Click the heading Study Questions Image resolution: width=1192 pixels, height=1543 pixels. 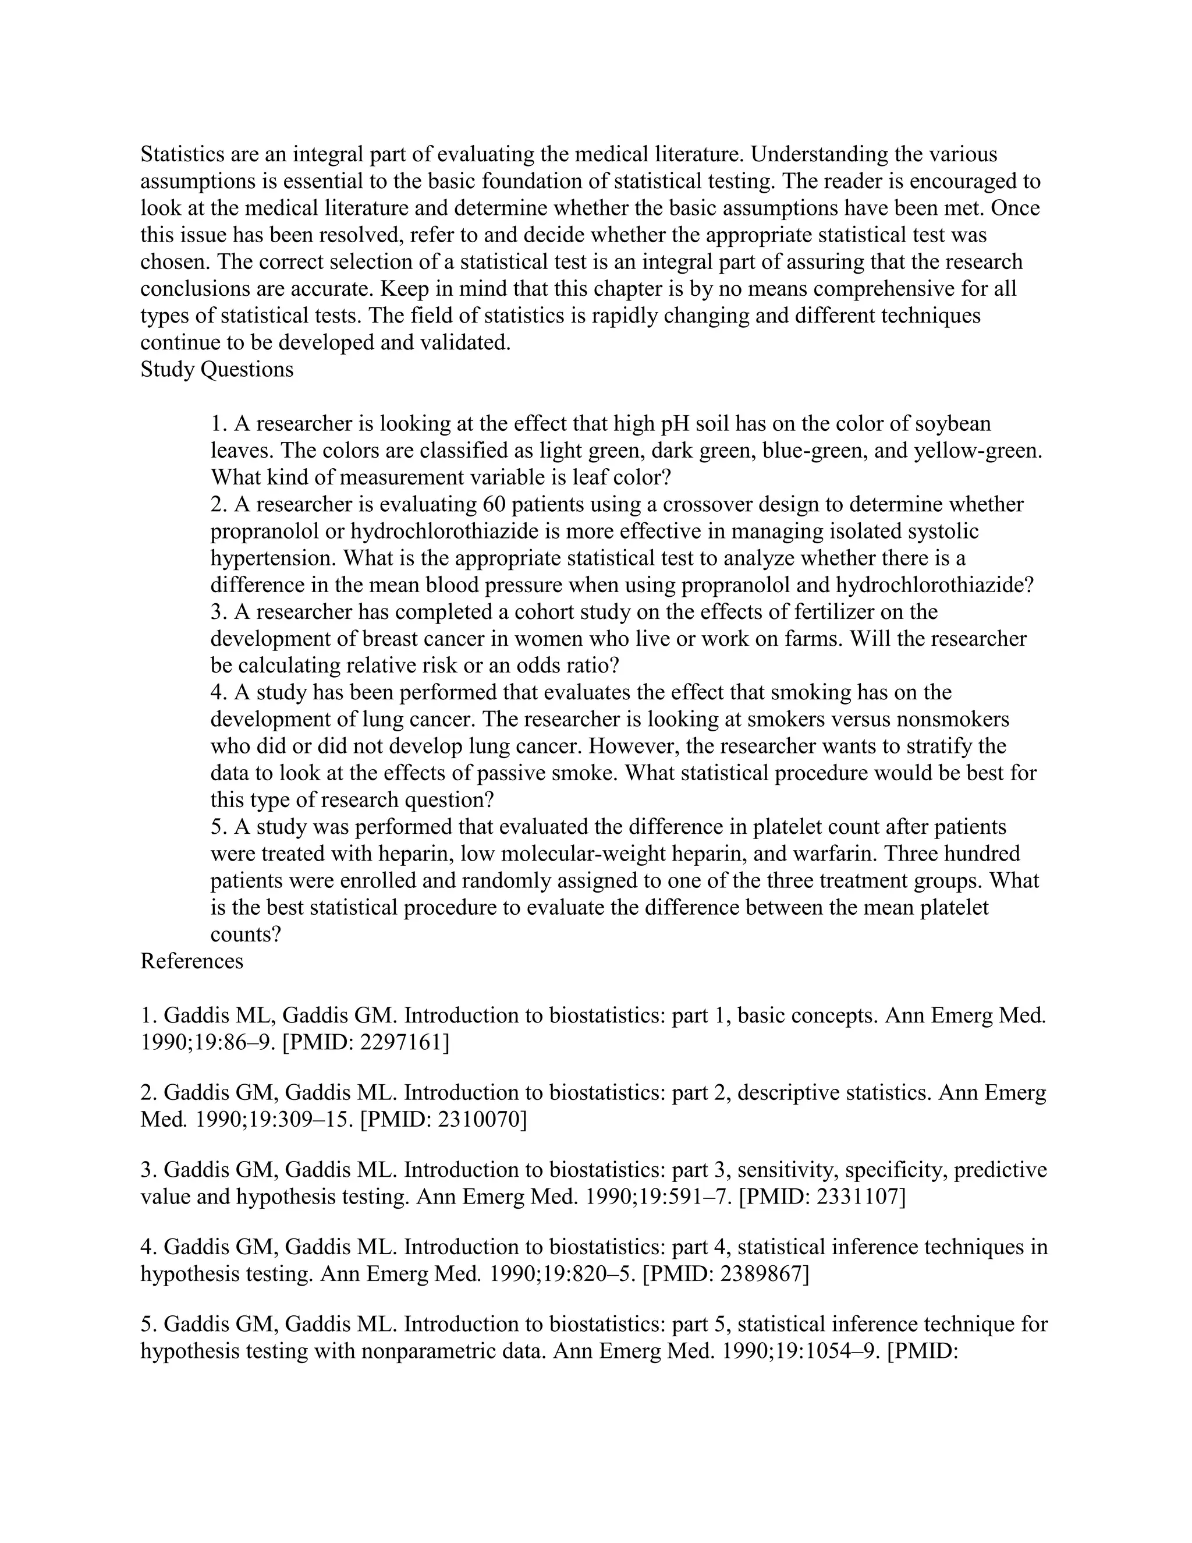[217, 370]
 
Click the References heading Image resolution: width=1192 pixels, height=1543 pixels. [191, 961]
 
